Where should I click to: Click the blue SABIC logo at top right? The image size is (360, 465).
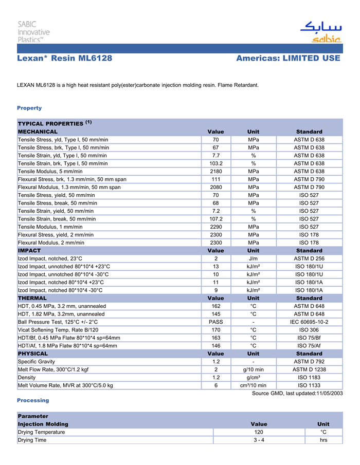point(320,32)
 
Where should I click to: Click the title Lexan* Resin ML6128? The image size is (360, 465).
point(65,58)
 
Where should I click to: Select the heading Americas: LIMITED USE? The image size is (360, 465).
point(288,58)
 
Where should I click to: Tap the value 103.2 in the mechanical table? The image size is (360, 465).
point(216,163)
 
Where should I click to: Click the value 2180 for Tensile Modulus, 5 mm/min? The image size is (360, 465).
point(216,171)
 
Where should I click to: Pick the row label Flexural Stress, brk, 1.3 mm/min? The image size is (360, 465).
point(72,179)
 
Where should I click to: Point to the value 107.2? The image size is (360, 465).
point(216,219)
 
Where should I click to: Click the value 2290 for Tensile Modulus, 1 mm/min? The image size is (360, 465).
point(216,227)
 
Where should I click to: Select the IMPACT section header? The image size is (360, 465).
point(29,250)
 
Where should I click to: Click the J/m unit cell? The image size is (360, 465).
point(253,258)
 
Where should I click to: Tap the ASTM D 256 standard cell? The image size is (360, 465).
point(309,258)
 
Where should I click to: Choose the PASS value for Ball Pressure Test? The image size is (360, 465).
point(216,322)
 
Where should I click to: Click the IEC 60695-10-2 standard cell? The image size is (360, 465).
point(309,322)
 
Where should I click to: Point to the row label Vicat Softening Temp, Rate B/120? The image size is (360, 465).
point(58,330)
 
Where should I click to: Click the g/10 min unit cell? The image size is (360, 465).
point(253,369)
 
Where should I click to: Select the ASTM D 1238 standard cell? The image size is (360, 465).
point(309,369)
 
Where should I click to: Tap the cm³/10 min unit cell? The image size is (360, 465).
point(253,385)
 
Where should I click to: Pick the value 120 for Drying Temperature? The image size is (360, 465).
point(259,432)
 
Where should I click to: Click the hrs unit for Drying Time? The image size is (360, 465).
point(323,440)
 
